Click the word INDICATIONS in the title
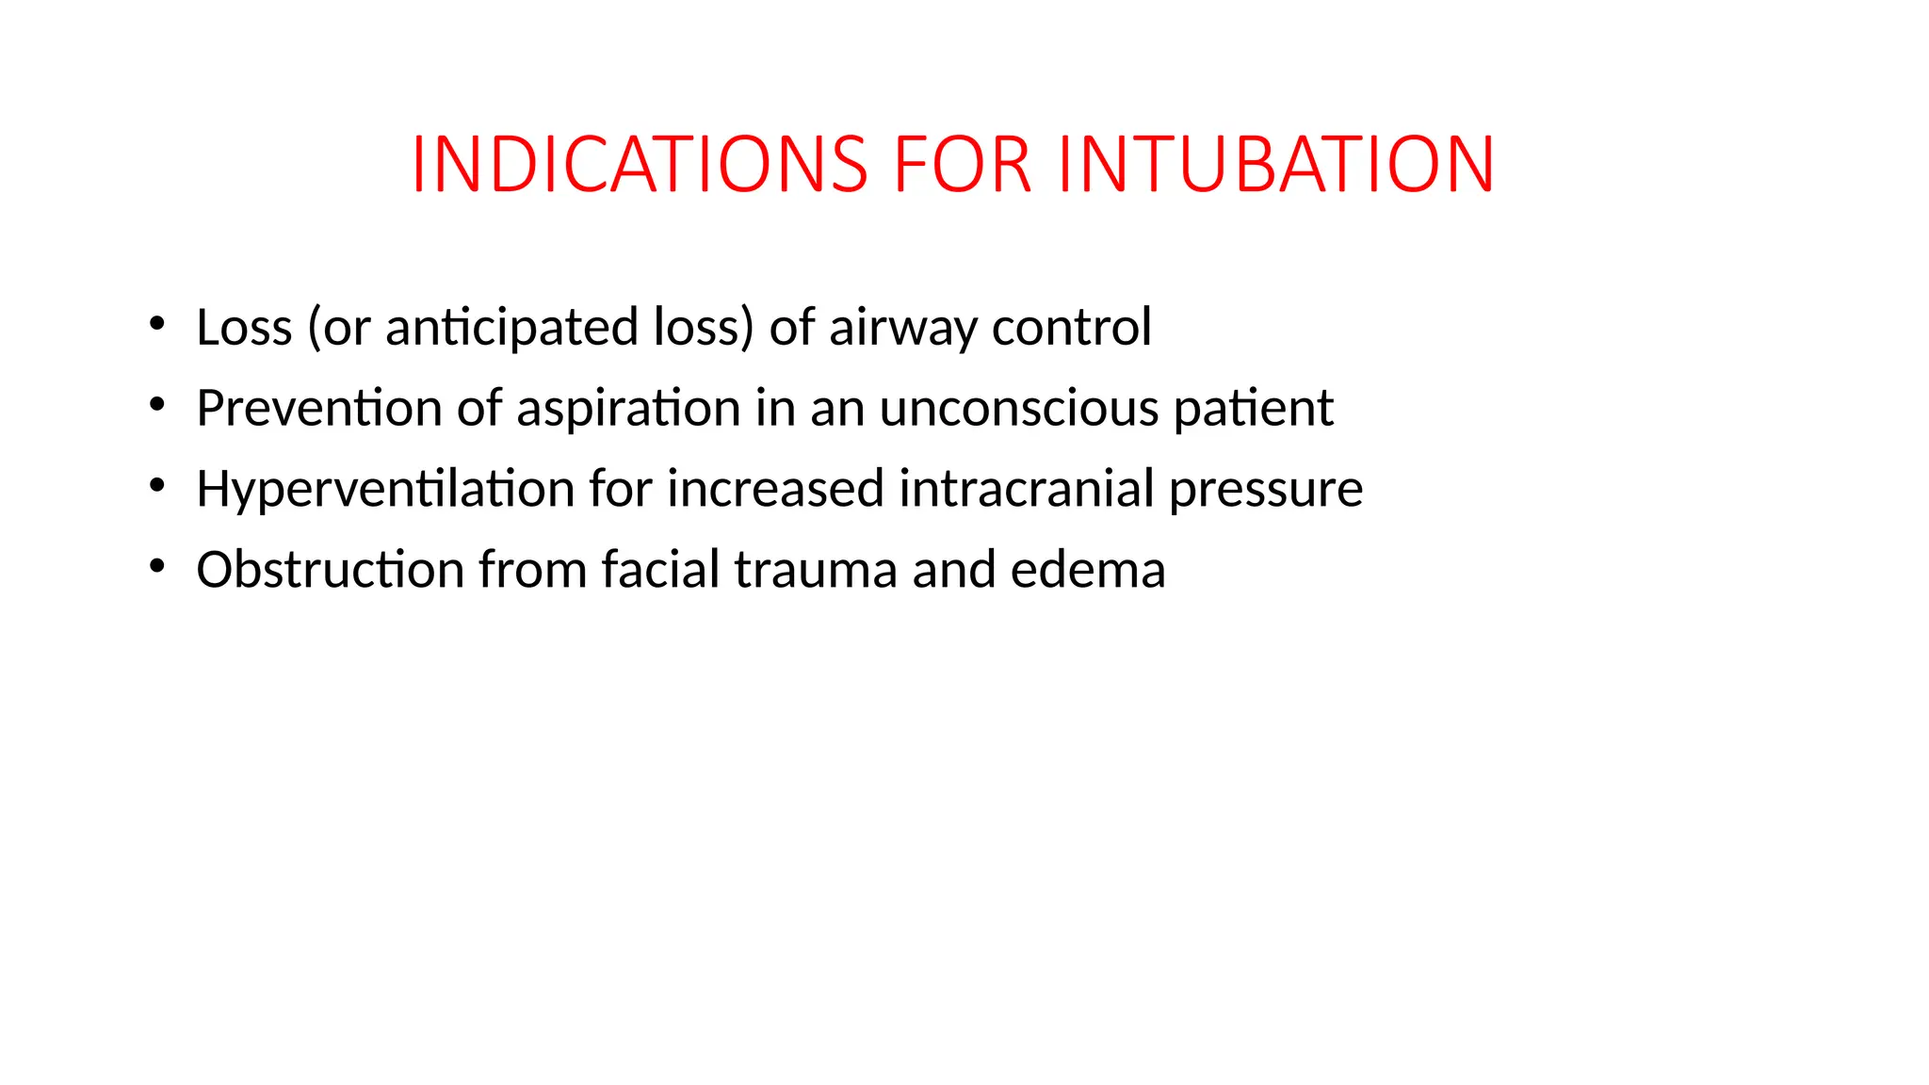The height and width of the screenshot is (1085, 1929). (640, 165)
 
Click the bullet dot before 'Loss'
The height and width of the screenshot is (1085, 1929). (156, 324)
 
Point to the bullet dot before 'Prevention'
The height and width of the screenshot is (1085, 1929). (156, 405)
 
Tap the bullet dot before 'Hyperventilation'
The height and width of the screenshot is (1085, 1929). (156, 486)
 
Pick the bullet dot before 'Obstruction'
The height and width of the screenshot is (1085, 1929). (156, 567)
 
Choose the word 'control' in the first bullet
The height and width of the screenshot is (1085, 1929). (1071, 327)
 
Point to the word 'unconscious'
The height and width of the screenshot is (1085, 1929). (1019, 408)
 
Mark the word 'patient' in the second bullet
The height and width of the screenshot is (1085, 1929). (1253, 410)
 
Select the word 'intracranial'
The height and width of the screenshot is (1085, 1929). (1026, 489)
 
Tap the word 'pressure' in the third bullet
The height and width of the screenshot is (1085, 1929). (1266, 491)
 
